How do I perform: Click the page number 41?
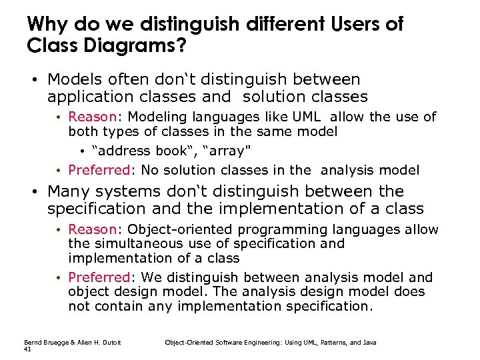pos(27,349)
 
